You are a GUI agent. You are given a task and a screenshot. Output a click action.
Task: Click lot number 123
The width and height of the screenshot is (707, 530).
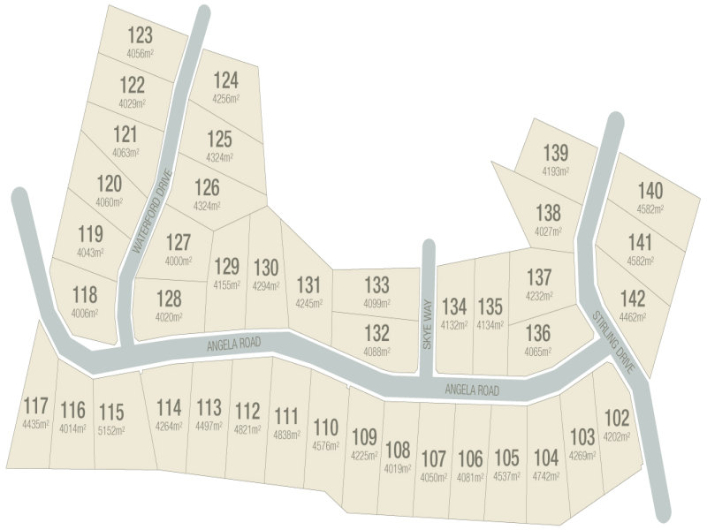click(x=141, y=35)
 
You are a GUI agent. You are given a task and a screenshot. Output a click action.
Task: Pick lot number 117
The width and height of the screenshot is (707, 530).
click(x=35, y=406)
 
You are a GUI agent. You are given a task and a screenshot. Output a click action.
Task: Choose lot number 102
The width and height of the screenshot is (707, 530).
click(x=616, y=416)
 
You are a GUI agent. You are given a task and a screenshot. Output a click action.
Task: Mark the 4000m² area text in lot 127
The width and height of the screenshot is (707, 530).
click(x=178, y=261)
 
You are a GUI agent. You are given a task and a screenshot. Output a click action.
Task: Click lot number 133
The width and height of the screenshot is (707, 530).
click(x=376, y=284)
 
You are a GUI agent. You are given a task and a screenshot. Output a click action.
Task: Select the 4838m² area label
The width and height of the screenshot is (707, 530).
click(x=286, y=435)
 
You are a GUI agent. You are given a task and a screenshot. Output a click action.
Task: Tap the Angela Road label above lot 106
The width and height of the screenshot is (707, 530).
click(x=472, y=390)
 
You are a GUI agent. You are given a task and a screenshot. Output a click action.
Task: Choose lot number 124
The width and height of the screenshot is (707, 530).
click(x=225, y=80)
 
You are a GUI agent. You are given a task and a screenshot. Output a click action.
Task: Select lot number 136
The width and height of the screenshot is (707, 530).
click(x=538, y=333)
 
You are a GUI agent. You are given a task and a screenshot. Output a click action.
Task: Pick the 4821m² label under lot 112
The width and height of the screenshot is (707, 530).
click(x=248, y=430)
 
